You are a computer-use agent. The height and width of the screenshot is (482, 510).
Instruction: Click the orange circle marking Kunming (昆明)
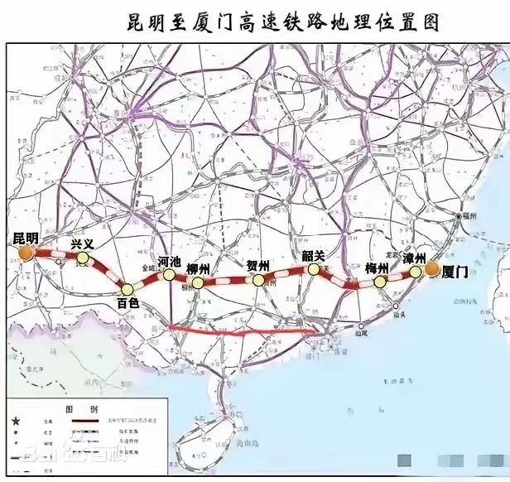[29, 253]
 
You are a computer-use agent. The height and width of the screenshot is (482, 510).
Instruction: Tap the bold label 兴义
[83, 243]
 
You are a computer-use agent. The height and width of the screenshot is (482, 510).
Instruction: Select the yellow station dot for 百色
[127, 289]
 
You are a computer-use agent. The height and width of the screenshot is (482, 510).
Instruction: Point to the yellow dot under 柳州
[197, 282]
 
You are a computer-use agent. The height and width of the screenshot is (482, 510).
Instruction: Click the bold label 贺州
[258, 266]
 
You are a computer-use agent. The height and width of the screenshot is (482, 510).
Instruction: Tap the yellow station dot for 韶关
[314, 269]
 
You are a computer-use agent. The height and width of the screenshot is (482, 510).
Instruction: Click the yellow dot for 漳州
[416, 271]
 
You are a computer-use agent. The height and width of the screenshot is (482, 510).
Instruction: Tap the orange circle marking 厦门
[432, 268]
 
